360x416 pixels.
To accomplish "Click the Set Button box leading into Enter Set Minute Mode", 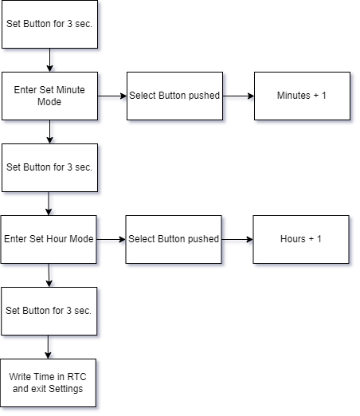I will pyautogui.click(x=49, y=24).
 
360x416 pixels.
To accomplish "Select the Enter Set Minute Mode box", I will pyautogui.click(x=49, y=96).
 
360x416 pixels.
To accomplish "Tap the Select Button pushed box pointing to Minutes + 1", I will pyautogui.click(x=174, y=96).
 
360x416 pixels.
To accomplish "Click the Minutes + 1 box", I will pyautogui.click(x=301, y=96).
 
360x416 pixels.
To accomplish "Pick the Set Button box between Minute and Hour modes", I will pyautogui.click(x=49, y=167).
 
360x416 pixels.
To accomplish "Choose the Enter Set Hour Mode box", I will pyautogui.click(x=49, y=239).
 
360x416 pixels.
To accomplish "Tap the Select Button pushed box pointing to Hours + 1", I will pyautogui.click(x=173, y=239).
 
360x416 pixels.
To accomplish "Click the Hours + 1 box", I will pyautogui.click(x=301, y=239).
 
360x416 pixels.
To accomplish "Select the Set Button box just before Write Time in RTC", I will pyautogui.click(x=49, y=311).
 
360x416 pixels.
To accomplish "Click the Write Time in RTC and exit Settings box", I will pyautogui.click(x=49, y=383).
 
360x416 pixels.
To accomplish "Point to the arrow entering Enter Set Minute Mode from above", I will pyautogui.click(x=49, y=60).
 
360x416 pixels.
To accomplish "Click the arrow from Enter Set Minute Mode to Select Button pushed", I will pyautogui.click(x=112, y=96).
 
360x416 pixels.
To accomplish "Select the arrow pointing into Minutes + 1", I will pyautogui.click(x=238, y=96).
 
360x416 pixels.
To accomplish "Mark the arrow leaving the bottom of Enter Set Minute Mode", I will pyautogui.click(x=49, y=131).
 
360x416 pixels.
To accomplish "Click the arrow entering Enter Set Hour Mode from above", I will pyautogui.click(x=49, y=203).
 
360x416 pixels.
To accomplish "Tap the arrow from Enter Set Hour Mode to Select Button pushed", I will pyautogui.click(x=111, y=239).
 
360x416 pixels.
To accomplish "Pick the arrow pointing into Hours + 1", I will pyautogui.click(x=237, y=239).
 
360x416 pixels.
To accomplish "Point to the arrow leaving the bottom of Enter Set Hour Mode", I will pyautogui.click(x=49, y=275).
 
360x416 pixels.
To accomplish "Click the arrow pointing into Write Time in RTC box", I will pyautogui.click(x=49, y=347).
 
